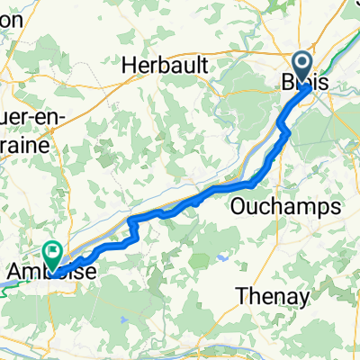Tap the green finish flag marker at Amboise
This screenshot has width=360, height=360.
pyautogui.click(x=53, y=256)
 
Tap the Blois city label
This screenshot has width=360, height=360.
pyautogui.click(x=305, y=81)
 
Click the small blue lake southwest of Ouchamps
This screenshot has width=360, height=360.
pyautogui.click(x=220, y=258)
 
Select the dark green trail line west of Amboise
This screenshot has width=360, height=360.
pyautogui.click(x=13, y=281)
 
